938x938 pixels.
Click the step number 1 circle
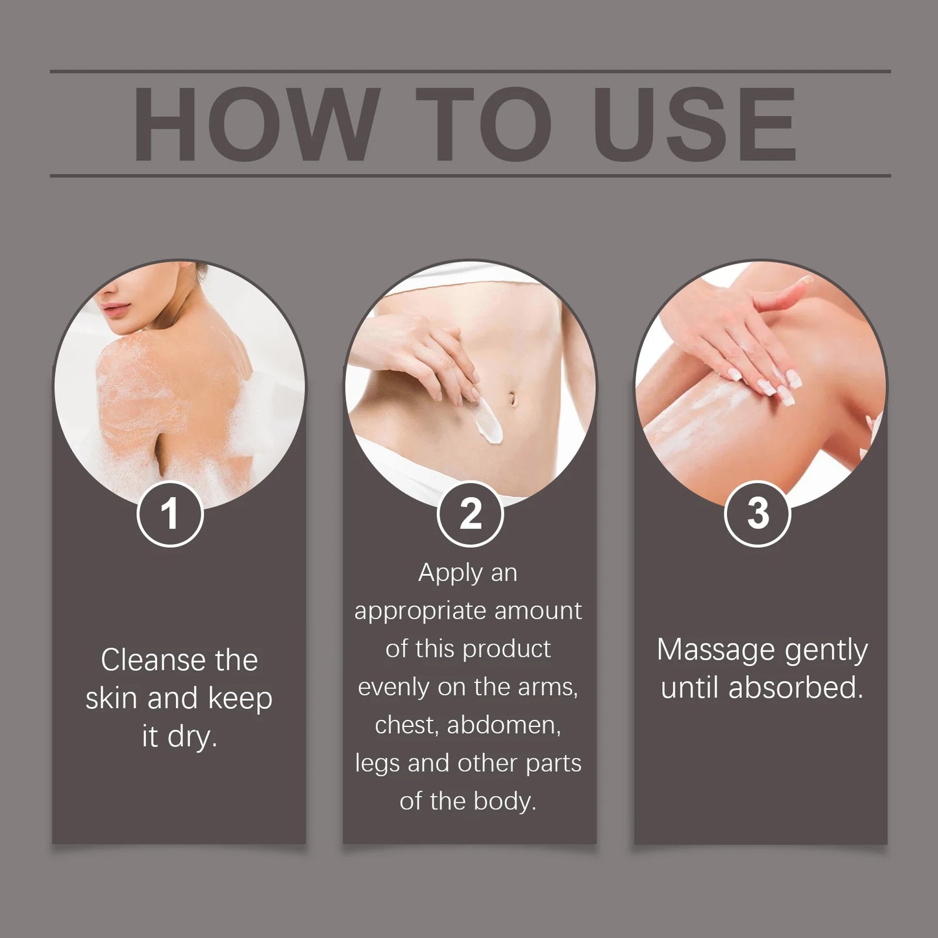(170, 514)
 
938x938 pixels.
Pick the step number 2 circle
(470, 514)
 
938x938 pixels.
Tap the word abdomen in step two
(504, 725)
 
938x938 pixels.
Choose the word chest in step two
(407, 725)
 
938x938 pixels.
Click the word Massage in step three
(717, 650)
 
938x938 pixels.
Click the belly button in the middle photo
(513, 397)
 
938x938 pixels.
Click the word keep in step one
(240, 699)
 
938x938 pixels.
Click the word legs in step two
(378, 764)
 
